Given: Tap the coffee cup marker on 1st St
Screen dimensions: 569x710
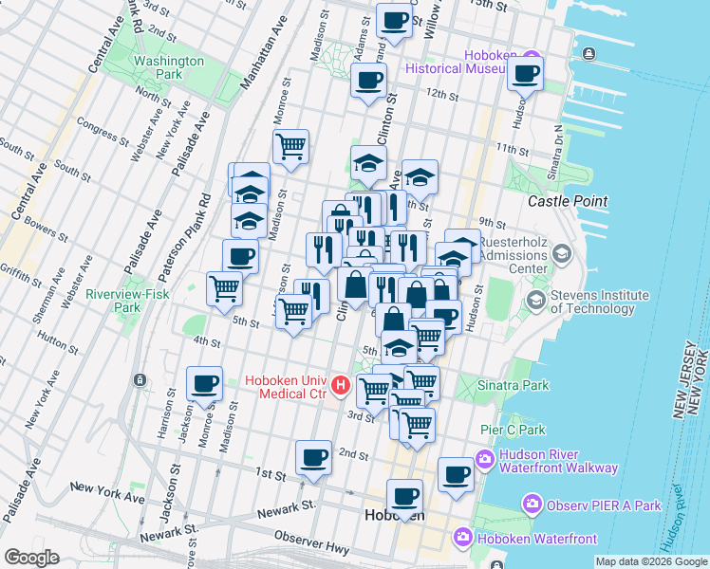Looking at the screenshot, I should coord(313,458).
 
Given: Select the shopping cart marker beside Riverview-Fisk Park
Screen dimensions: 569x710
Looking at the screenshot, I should coord(225,287).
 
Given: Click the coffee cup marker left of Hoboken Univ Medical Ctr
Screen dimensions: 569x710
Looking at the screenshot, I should coord(204,383).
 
